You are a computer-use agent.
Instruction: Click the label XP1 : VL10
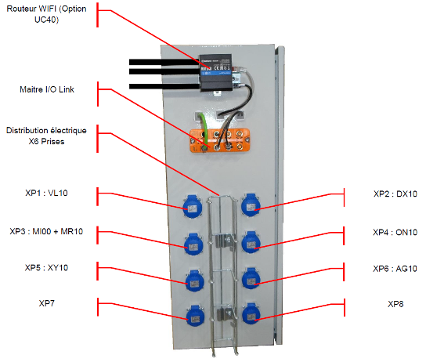pos(46,193)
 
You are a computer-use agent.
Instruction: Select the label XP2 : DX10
pos(395,194)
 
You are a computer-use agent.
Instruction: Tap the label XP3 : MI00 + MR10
pos(46,232)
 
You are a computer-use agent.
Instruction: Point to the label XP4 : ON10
pos(395,233)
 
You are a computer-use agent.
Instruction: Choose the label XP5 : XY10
pos(46,268)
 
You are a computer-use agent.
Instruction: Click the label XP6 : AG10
pos(395,269)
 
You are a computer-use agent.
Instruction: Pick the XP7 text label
pos(46,303)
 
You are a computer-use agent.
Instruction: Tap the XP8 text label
pos(395,304)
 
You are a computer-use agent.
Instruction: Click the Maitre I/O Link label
pos(47,89)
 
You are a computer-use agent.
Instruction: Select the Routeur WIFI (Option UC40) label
pos(46,14)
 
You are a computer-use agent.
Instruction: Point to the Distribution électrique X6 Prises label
pos(46,136)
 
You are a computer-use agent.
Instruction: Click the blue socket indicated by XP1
pos(193,207)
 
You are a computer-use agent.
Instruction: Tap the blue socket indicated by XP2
pos(251,205)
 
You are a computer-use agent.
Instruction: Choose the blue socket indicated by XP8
pos(251,314)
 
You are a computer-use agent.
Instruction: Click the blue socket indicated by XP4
pos(251,242)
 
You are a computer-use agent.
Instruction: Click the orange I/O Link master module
pos(219,140)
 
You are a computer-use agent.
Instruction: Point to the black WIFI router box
pos(216,73)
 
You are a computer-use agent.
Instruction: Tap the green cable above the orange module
pos(204,128)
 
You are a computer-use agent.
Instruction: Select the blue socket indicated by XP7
pos(195,316)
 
